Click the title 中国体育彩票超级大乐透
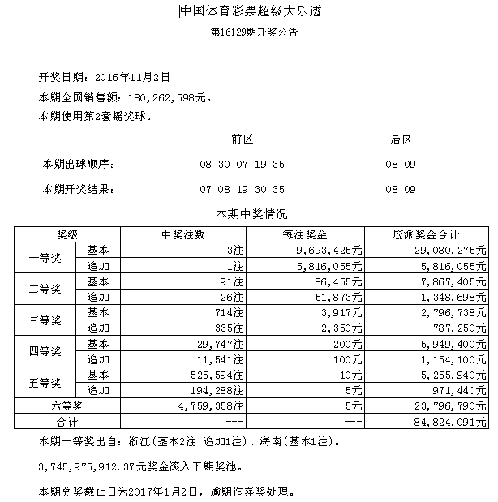(248, 12)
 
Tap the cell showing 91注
(231, 281)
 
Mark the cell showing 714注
(229, 311)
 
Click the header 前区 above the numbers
(242, 140)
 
